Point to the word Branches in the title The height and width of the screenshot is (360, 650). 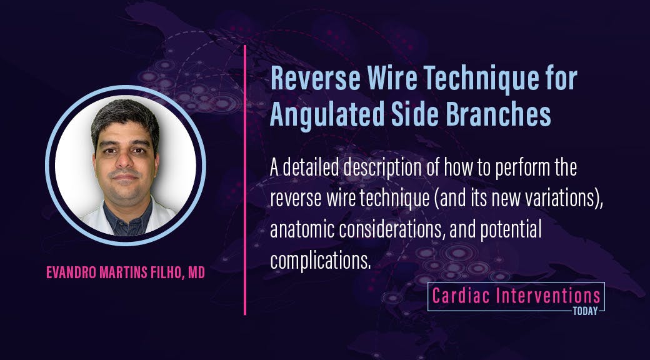(x=496, y=116)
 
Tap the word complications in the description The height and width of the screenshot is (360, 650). (x=320, y=261)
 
